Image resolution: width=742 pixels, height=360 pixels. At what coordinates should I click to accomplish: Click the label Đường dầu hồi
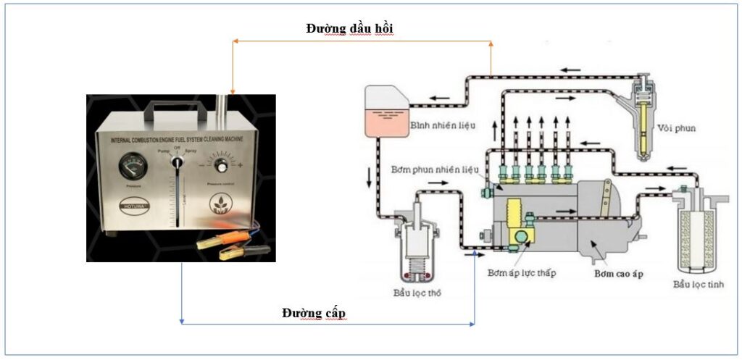[349, 28]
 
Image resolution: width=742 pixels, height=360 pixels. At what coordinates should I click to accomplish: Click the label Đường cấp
[314, 313]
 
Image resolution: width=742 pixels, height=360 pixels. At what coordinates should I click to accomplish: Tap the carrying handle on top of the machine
[174, 109]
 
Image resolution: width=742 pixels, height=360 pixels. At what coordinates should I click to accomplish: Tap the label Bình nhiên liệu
[442, 125]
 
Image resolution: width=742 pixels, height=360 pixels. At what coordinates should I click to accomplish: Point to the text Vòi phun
[678, 129]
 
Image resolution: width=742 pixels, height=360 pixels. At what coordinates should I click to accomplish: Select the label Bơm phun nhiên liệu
[444, 169]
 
